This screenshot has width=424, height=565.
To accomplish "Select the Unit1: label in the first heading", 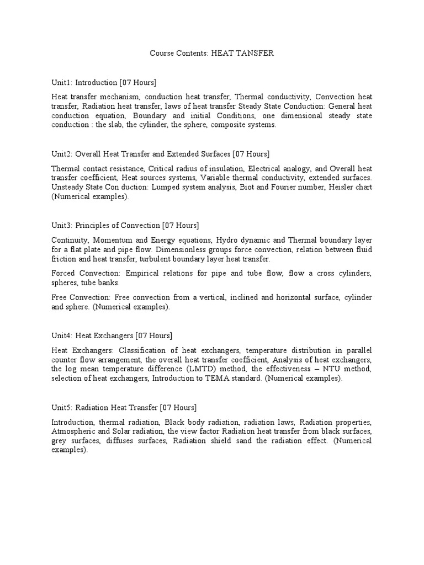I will click(x=61, y=83).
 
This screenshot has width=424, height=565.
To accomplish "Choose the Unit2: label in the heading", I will click(x=61, y=154).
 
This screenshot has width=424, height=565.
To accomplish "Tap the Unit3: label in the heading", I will click(x=61, y=226).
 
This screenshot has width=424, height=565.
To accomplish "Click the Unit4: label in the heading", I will click(x=61, y=335).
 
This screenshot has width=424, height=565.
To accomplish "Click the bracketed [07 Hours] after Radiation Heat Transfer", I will click(x=178, y=407).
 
